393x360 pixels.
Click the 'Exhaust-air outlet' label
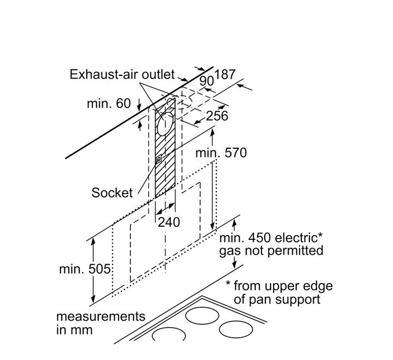coord(122,75)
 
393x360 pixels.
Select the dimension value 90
coord(206,81)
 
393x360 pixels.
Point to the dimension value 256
coord(217,116)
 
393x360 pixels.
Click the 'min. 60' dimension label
coord(109,103)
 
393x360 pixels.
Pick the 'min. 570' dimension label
coord(222,153)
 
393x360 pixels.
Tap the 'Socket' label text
coord(112,192)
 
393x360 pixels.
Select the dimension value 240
coord(169,222)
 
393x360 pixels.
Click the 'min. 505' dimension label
coord(85,269)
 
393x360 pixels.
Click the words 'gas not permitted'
coord(271,251)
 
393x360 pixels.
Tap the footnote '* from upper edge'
coord(279,286)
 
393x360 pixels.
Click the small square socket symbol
coord(159,159)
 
